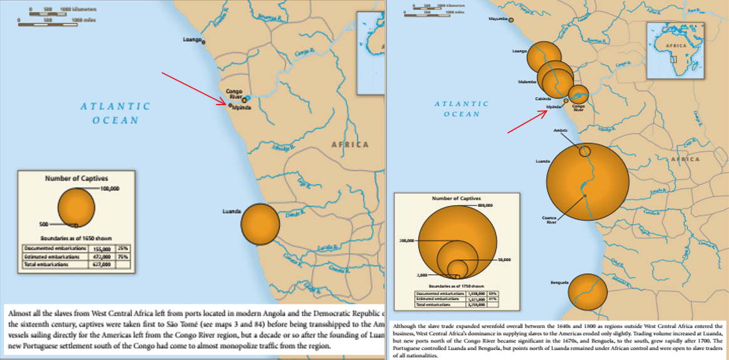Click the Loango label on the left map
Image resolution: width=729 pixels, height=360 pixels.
pyautogui.click(x=192, y=39)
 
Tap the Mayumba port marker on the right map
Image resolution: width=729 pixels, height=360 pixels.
pyautogui.click(x=511, y=20)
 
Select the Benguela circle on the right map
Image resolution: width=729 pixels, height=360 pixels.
pyautogui.click(x=587, y=292)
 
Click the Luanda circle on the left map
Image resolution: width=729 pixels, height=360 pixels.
pyautogui.click(x=260, y=223)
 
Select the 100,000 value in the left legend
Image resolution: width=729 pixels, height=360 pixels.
pyautogui.click(x=110, y=188)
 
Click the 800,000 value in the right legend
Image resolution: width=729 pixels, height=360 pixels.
pyautogui.click(x=486, y=205)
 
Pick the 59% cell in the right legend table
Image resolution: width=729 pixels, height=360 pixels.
pyautogui.click(x=492, y=293)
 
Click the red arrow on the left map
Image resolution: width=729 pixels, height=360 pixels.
pyautogui.click(x=194, y=89)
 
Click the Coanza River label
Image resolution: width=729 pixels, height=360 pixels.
pyautogui.click(x=549, y=220)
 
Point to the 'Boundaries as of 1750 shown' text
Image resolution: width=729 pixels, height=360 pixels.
pyautogui.click(x=457, y=286)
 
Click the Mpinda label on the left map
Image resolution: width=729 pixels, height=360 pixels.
pyautogui.click(x=242, y=107)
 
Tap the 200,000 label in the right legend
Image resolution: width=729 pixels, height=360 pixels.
pyautogui.click(x=408, y=240)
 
